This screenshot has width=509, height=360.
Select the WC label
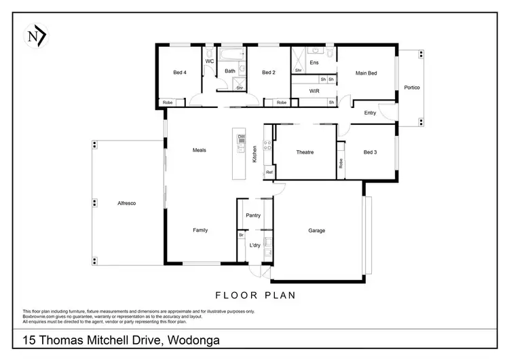[210, 61]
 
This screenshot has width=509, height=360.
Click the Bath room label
[230, 71]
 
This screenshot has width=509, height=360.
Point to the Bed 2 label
[268, 73]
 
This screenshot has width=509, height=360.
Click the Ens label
[314, 62]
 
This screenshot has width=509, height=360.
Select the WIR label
[314, 90]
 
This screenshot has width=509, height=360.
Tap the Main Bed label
[367, 73]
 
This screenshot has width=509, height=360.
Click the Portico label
[412, 88]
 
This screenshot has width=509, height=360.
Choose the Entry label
[370, 113]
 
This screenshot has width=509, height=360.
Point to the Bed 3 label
[370, 152]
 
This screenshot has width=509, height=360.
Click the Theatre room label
[305, 152]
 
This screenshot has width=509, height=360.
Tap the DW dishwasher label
[240, 137]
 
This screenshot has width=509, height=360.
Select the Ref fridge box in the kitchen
[269, 173]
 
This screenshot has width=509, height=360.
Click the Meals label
[199, 150]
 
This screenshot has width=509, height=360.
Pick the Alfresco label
[128, 203]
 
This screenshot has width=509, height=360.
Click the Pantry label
[253, 215]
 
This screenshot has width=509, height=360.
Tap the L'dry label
[254, 245]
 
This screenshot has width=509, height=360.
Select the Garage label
[316, 230]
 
